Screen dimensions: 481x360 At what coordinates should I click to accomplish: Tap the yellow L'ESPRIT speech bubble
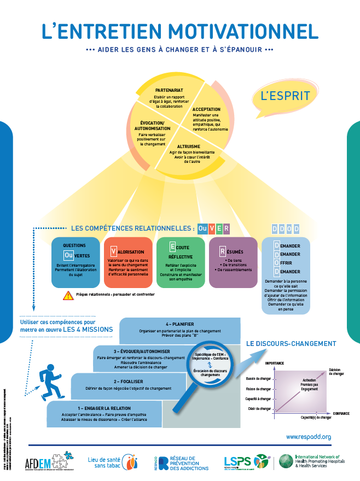[284, 97]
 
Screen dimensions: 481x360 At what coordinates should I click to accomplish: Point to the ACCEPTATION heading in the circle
[206, 109]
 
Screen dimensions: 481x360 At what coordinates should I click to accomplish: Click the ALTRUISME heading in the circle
[188, 146]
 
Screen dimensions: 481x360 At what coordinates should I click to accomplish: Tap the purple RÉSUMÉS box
[233, 262]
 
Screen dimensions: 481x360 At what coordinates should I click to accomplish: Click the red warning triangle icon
[68, 295]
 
